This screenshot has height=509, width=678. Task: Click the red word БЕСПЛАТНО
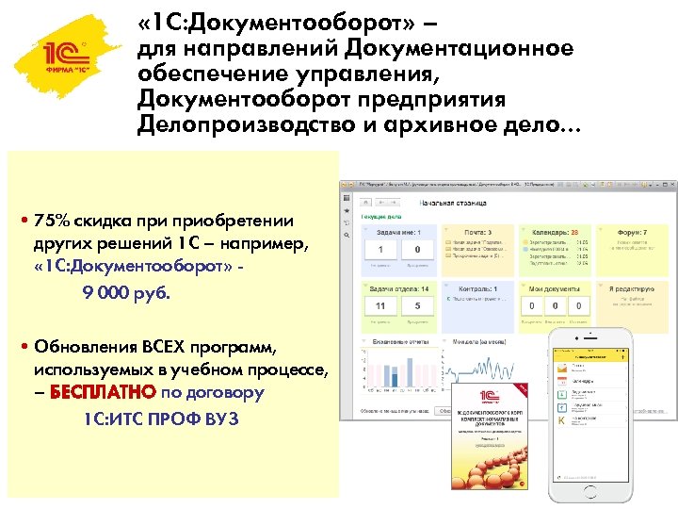pyautogui.click(x=90, y=392)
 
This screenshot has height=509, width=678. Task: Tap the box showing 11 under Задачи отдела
pyautogui.click(x=380, y=306)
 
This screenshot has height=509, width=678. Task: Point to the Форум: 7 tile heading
pyautogui.click(x=630, y=231)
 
